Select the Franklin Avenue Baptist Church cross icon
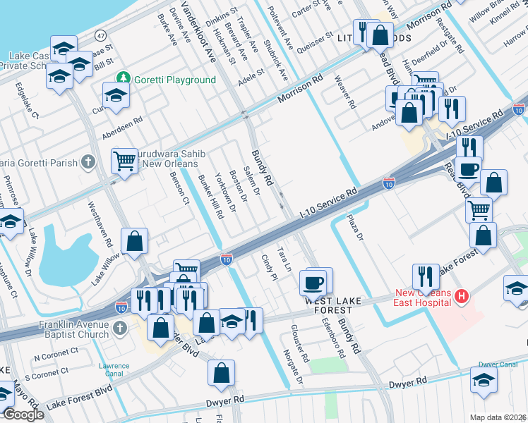[x=120, y=328]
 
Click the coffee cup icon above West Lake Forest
[x=314, y=282]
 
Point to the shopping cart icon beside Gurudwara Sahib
[x=124, y=161]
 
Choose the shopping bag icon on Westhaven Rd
[x=134, y=241]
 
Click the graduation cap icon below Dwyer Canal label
[x=484, y=380]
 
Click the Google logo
[x=23, y=415]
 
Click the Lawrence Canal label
[x=114, y=369]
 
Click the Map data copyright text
[x=498, y=417]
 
